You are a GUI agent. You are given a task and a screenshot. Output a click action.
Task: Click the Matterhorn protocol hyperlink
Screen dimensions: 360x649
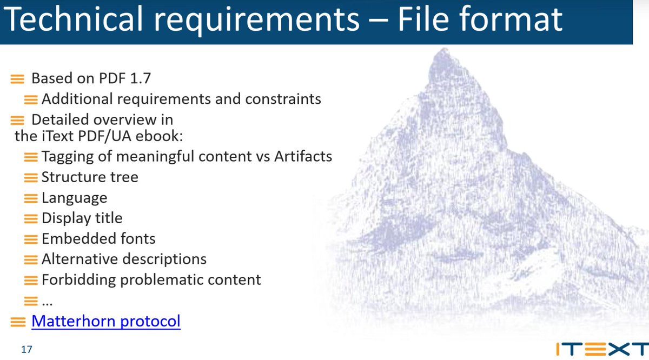tap(106, 321)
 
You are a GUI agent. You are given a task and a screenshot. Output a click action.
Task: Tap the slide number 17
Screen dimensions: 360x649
tap(27, 350)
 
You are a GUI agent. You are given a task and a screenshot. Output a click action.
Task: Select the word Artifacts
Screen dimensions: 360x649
tap(303, 157)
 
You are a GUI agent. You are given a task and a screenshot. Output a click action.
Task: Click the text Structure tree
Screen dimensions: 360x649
tap(90, 177)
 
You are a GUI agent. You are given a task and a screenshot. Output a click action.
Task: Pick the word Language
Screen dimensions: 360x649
tap(74, 198)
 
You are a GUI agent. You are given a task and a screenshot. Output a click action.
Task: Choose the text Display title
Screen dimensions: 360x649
tap(82, 218)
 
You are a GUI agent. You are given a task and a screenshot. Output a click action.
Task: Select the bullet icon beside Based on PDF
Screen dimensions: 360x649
tap(18, 79)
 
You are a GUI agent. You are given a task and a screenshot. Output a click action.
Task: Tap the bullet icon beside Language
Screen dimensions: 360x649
tap(31, 198)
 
